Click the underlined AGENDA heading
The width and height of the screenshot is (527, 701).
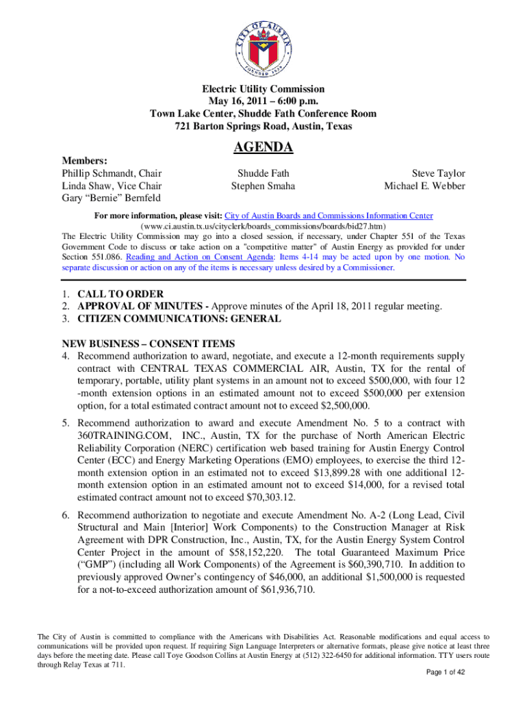click(x=263, y=147)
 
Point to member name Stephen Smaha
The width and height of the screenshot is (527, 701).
click(x=263, y=186)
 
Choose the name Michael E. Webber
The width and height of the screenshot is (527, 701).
click(x=424, y=186)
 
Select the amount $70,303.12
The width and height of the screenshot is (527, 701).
click(x=262, y=497)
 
